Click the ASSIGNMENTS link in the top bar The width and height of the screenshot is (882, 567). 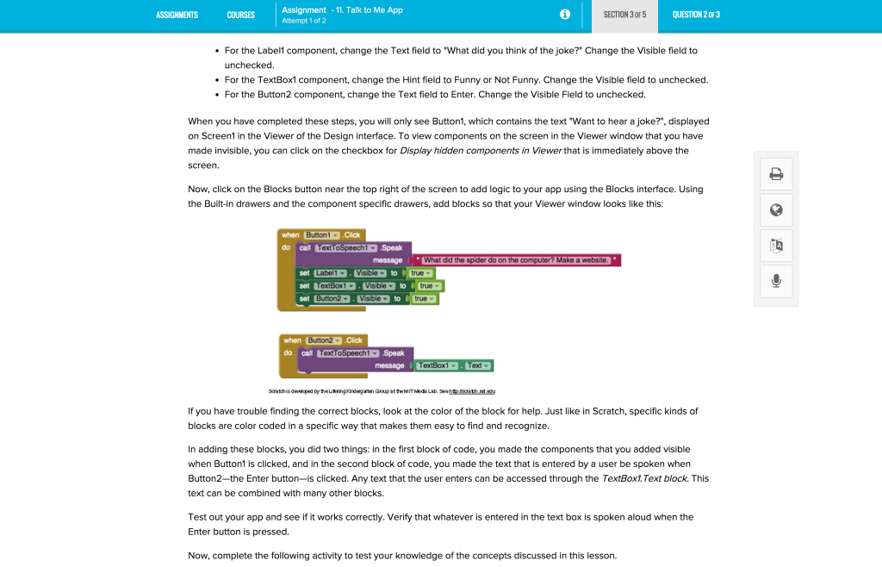coord(177,15)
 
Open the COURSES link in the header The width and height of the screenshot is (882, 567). coord(241,15)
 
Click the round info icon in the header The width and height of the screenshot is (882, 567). coord(565,15)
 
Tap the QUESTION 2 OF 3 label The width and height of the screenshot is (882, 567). coord(696,15)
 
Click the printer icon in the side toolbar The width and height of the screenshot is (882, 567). coord(776,174)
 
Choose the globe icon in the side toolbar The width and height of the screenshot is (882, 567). coord(776,209)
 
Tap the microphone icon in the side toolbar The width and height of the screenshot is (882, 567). coord(776,281)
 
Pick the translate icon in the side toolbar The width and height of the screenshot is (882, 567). coord(776,246)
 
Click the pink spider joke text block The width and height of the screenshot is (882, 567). coord(516,260)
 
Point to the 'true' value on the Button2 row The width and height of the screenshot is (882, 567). coord(423,298)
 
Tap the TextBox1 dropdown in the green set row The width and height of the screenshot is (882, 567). coord(334,285)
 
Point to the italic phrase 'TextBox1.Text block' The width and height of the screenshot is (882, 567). coord(644,478)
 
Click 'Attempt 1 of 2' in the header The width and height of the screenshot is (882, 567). coord(304,20)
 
